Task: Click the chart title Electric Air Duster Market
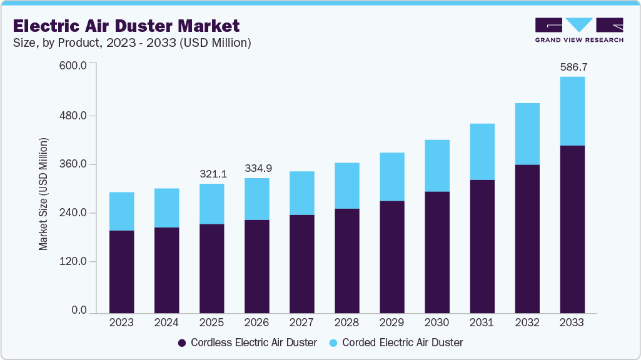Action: pyautogui.click(x=126, y=26)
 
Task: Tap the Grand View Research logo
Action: pyautogui.click(x=579, y=30)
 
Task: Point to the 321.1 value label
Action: pyautogui.click(x=211, y=174)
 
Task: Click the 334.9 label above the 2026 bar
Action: pyautogui.click(x=256, y=168)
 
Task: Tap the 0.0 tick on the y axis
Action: pyautogui.click(x=79, y=311)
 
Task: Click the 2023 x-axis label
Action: pyautogui.click(x=121, y=323)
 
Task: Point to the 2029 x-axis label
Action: pyautogui.click(x=391, y=323)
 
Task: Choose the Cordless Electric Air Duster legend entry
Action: pyautogui.click(x=247, y=342)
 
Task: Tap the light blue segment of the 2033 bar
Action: pyautogui.click(x=572, y=111)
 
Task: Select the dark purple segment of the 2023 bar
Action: pyautogui.click(x=121, y=271)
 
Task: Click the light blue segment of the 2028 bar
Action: pyautogui.click(x=346, y=186)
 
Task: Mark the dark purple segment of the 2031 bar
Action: pyautogui.click(x=482, y=246)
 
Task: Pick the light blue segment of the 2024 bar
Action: pyautogui.click(x=166, y=207)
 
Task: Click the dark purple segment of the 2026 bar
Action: pyautogui.click(x=256, y=266)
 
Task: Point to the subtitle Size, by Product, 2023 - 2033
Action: pyautogui.click(x=132, y=42)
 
